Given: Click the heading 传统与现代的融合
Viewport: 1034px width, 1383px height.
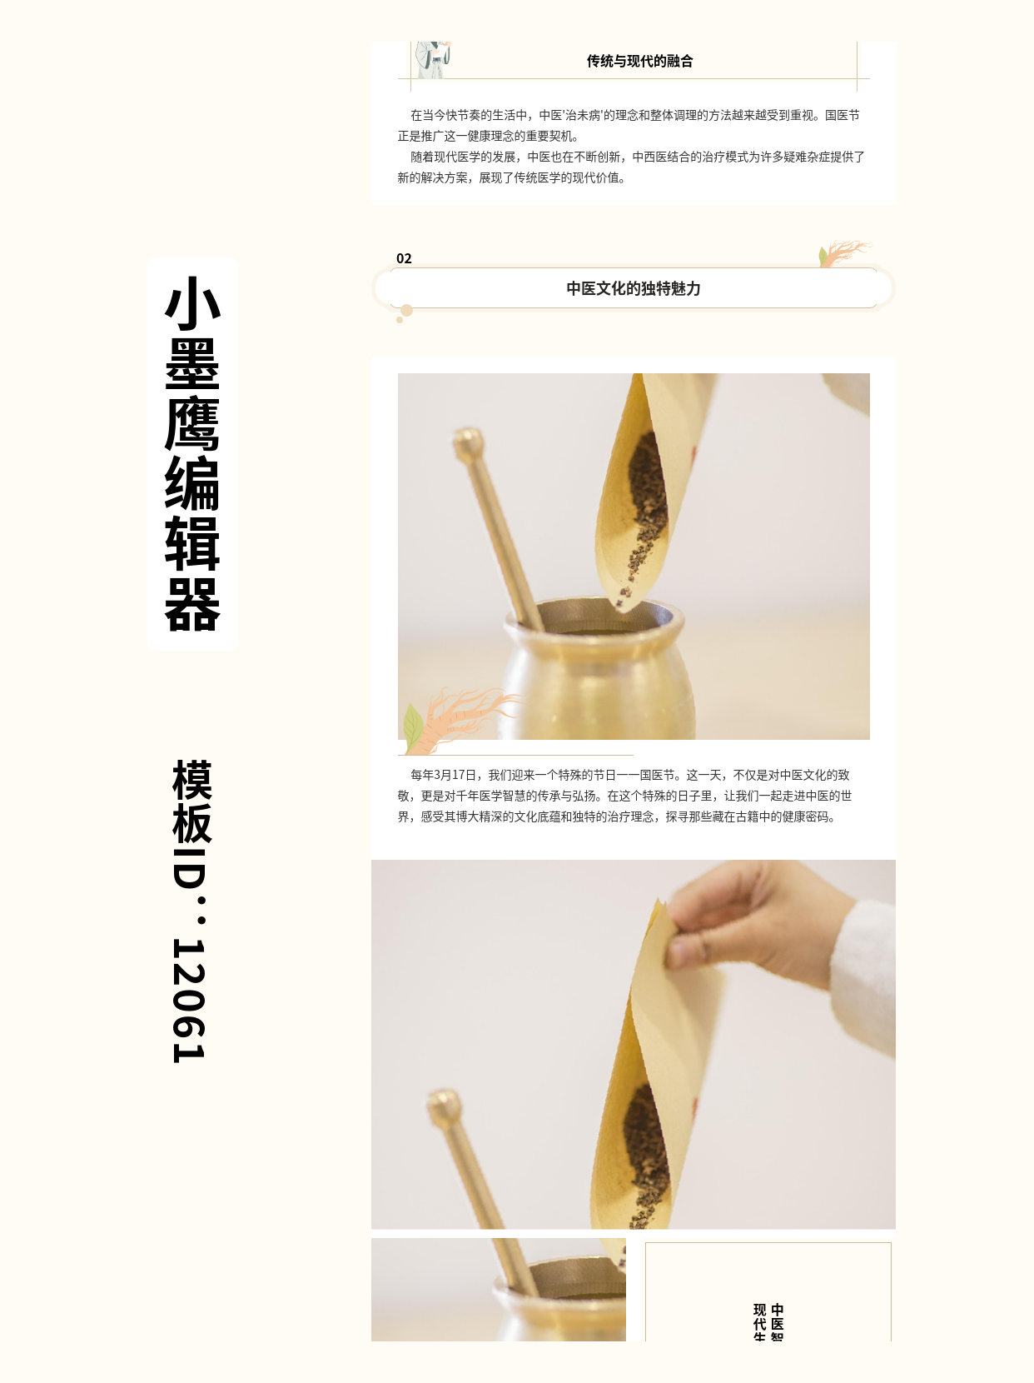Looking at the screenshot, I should point(639,61).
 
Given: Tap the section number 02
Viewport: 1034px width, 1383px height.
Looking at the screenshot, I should point(404,258).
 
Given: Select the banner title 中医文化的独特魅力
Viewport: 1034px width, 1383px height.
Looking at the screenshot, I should point(633,288).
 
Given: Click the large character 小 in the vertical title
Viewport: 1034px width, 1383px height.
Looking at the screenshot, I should point(192,303).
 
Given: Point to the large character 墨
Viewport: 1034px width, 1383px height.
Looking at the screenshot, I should point(192,363).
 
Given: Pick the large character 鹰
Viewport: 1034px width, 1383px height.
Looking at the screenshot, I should point(192,424).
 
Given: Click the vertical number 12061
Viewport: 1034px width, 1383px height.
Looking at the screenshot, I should point(189,1000).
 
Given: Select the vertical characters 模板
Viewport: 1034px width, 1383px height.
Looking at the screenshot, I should point(191,801).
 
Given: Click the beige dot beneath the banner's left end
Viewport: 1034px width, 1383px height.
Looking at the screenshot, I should point(406,311).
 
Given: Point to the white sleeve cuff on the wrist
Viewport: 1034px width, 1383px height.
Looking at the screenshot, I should point(864,966).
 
